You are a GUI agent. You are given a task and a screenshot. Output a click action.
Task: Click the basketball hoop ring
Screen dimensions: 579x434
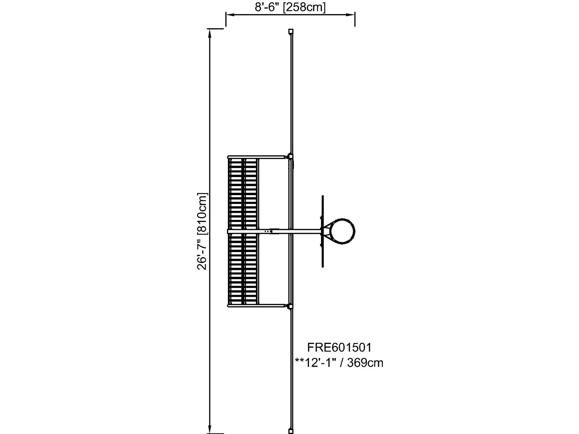[355, 231]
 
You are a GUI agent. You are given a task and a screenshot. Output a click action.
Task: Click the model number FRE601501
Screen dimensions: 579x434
[339, 348]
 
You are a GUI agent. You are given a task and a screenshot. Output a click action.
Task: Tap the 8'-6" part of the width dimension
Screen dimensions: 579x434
[267, 7]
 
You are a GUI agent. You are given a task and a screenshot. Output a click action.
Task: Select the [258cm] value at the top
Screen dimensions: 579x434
[304, 7]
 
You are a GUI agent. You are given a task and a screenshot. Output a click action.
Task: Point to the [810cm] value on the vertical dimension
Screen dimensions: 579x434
[202, 213]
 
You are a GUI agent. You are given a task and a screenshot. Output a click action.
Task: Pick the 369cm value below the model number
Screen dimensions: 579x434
[365, 363]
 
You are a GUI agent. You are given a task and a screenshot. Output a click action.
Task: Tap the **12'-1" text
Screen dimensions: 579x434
[316, 363]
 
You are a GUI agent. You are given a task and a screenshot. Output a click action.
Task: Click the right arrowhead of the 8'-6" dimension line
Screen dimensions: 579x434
[350, 15]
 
